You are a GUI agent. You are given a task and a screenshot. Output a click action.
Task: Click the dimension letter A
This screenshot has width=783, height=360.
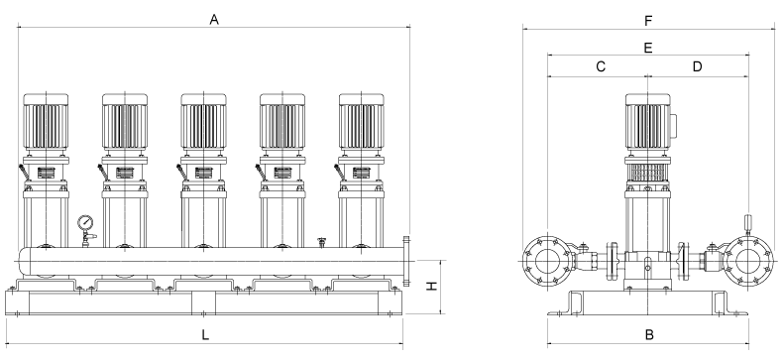click(214, 20)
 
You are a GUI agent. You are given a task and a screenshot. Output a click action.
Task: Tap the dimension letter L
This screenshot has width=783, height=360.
click(205, 335)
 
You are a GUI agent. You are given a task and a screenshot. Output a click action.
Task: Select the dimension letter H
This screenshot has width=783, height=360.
click(431, 286)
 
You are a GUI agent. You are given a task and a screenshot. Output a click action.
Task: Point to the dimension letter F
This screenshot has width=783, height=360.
click(648, 21)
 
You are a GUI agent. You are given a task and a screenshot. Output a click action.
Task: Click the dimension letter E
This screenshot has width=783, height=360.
click(647, 48)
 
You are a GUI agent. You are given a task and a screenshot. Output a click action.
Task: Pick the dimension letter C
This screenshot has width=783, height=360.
click(601, 66)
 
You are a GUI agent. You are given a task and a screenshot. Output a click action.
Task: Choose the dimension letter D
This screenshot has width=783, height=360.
click(697, 66)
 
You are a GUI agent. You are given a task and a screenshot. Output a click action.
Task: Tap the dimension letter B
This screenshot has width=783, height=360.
click(649, 334)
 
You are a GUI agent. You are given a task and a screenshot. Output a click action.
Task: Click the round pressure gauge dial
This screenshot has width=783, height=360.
click(85, 221)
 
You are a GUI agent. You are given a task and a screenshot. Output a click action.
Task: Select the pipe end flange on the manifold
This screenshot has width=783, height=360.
click(406, 261)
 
